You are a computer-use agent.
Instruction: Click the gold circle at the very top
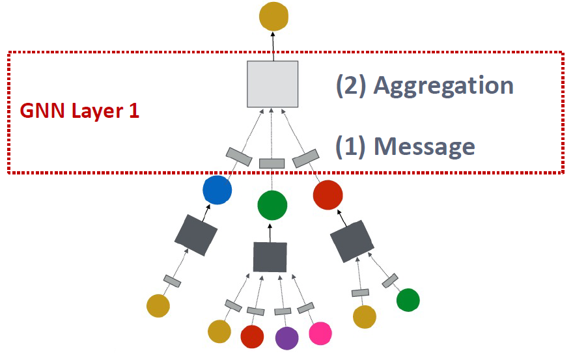pos(273,16)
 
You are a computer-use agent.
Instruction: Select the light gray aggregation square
pos(273,84)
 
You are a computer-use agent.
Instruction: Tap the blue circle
pos(217,191)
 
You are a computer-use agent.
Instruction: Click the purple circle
pos(286,338)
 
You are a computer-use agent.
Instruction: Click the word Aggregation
pos(443,86)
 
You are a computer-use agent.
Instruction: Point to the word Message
pos(424,146)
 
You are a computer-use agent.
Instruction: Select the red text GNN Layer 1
pos(79,110)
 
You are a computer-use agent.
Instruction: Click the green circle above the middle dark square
pos(272,205)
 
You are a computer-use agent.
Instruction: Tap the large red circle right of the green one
pos(328,194)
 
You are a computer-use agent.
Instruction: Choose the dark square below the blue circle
pos(196,234)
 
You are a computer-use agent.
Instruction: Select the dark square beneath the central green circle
pos(270,256)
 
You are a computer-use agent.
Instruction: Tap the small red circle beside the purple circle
pos(252,337)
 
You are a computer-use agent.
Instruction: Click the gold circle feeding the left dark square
pos(158,305)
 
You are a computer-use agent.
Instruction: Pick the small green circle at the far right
pos(408,300)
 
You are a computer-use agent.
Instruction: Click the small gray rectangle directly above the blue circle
pos(239,157)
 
